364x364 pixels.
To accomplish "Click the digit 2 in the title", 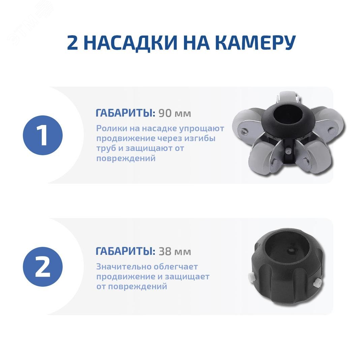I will pos(72,43).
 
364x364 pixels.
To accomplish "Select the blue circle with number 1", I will pos(43,135).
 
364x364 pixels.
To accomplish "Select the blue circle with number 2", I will pos(43,267).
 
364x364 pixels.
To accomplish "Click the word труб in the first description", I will pos(106,148).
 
